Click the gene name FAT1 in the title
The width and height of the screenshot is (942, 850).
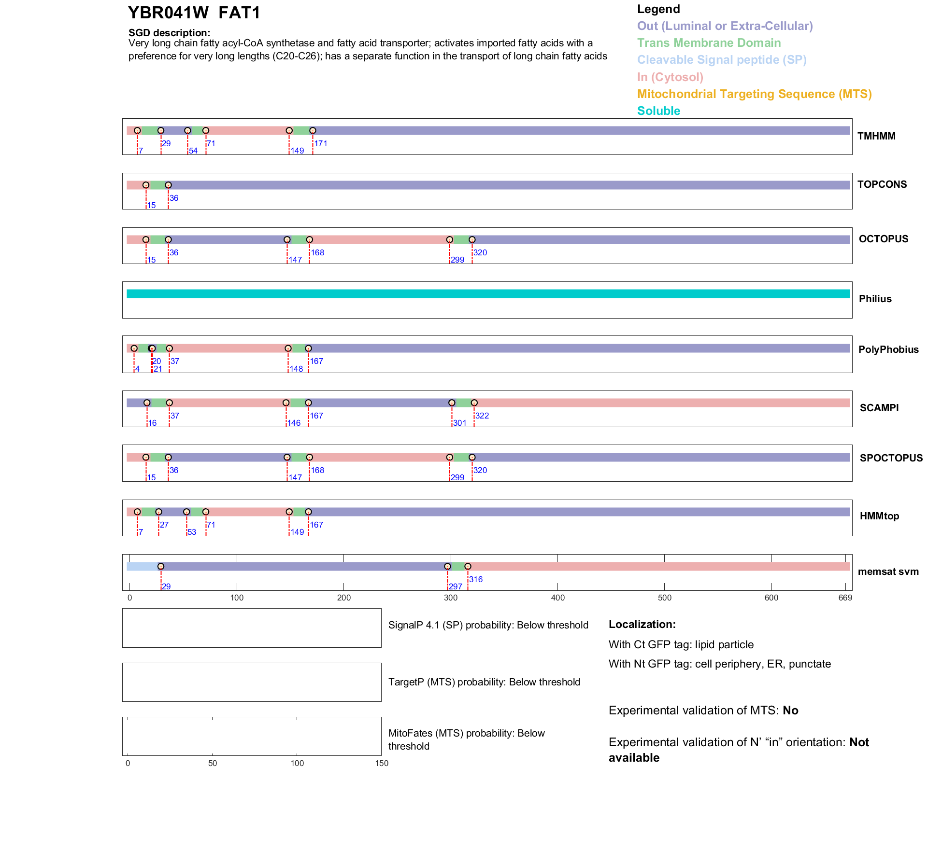point(239,13)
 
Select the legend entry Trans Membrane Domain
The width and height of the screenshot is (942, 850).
point(709,43)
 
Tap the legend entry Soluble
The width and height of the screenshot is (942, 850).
point(658,111)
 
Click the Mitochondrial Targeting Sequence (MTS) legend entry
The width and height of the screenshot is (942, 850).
point(754,94)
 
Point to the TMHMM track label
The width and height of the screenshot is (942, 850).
point(876,136)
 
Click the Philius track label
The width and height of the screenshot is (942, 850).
point(875,299)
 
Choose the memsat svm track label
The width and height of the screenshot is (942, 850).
point(888,571)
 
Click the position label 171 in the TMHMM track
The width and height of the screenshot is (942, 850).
point(321,143)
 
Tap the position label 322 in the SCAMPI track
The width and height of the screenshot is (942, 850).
point(482,416)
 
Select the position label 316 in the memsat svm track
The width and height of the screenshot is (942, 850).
point(476,579)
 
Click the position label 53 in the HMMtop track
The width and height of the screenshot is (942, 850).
point(192,532)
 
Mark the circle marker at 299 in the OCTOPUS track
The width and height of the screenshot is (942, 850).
point(450,240)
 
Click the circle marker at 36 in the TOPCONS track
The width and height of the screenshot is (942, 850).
point(168,185)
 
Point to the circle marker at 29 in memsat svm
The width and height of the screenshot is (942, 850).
point(161,567)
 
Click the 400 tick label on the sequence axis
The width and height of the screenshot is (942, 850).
point(557,598)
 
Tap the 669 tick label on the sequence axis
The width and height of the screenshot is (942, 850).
point(845,598)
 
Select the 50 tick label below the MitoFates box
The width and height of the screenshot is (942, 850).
point(212,763)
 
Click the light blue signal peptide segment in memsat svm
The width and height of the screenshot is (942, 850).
point(143,567)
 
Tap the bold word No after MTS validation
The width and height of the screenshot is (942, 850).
point(790,711)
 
